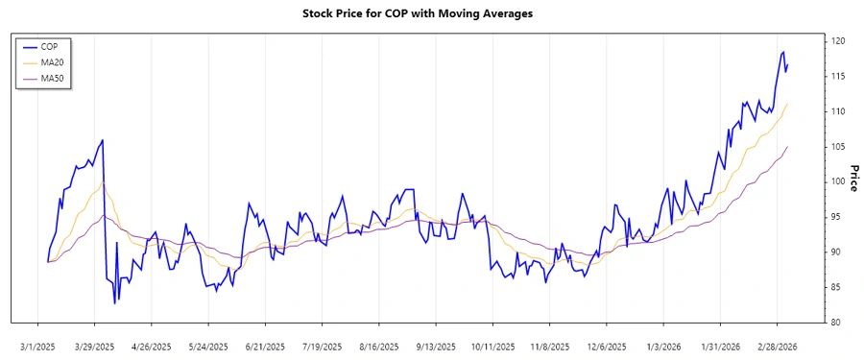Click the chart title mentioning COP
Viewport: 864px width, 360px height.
(431, 13)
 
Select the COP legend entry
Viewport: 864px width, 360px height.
(49, 46)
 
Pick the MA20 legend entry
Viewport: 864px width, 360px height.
(52, 62)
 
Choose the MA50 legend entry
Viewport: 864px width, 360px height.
(52, 78)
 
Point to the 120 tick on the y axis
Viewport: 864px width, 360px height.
(838, 41)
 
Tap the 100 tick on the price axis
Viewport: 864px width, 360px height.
(838, 181)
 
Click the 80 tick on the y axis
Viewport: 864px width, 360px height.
(835, 322)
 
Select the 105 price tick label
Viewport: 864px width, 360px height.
(838, 147)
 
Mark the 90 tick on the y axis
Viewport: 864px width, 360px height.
(835, 252)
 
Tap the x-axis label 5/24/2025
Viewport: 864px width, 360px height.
(208, 347)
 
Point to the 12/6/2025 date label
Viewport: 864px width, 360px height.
(607, 347)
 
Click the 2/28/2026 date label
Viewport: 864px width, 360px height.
(778, 347)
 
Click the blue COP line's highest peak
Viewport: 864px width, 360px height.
(783, 52)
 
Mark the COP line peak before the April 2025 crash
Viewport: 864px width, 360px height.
(103, 140)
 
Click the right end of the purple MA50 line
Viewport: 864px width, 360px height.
(787, 147)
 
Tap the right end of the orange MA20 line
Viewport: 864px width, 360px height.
(787, 104)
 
